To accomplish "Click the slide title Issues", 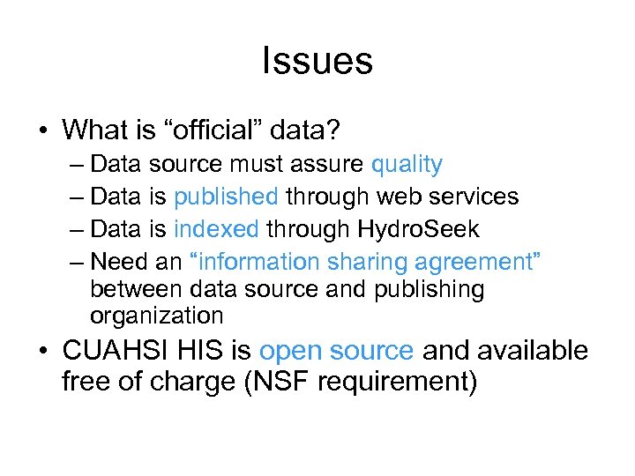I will [x=317, y=62].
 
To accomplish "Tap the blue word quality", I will [x=407, y=164].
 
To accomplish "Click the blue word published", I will [x=227, y=197].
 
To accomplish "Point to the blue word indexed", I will [x=216, y=229].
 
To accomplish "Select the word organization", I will [x=157, y=316].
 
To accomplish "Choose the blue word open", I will [x=291, y=351].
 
